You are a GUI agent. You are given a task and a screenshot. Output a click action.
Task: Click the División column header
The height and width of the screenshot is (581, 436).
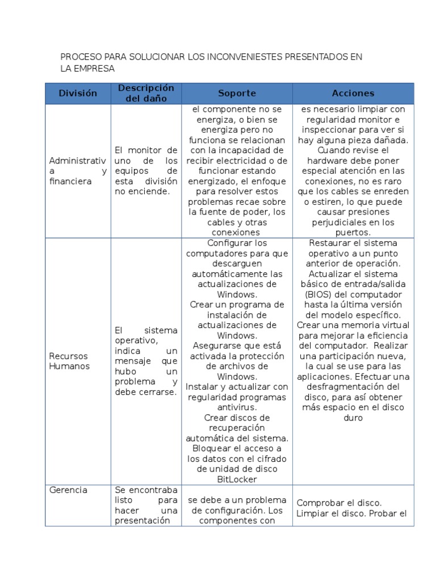[78, 93]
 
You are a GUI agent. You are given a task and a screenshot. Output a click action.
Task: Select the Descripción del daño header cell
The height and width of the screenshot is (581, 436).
[146, 93]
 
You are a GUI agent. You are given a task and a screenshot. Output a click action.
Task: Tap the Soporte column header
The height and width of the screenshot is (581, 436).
[237, 93]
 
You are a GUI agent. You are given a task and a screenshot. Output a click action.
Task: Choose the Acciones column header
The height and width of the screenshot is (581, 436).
[353, 93]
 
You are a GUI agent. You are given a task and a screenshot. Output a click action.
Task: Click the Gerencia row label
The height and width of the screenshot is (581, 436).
[68, 490]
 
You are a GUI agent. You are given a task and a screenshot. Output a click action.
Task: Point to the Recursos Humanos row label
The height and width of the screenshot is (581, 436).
[68, 361]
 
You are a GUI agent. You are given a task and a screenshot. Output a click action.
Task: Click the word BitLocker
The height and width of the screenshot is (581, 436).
[237, 479]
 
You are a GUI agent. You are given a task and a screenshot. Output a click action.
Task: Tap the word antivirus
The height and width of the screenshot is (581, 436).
[237, 407]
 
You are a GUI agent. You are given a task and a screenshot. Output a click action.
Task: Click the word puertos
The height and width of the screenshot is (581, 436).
[353, 232]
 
